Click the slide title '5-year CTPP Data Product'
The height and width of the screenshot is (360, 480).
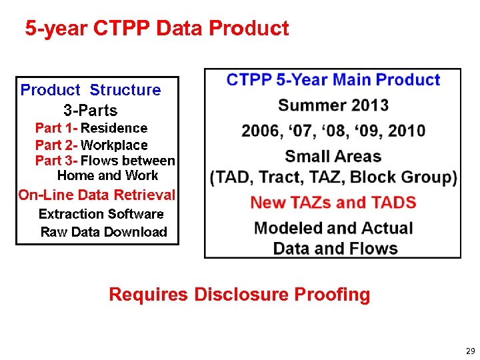[157, 29]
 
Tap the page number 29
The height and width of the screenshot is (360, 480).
[470, 351]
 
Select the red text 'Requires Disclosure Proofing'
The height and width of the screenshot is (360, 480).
[239, 294]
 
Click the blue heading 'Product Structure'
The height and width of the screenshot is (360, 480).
[91, 90]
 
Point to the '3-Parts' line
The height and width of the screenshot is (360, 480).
[90, 110]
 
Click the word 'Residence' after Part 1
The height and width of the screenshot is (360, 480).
[114, 127]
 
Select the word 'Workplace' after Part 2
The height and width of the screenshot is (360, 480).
[114, 145]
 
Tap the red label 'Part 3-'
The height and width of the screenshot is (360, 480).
[56, 161]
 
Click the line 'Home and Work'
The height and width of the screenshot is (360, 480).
[107, 175]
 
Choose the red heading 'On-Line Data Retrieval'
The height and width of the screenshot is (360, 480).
[97, 195]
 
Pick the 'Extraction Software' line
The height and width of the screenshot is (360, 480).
[101, 214]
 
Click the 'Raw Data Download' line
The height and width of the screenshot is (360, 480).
[103, 232]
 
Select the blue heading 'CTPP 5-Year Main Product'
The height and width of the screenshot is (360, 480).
[333, 80]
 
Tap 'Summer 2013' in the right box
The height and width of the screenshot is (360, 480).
[333, 105]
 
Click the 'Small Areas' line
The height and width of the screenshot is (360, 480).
[333, 156]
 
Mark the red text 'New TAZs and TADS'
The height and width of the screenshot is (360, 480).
[333, 202]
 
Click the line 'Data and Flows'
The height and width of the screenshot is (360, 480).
[335, 249]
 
